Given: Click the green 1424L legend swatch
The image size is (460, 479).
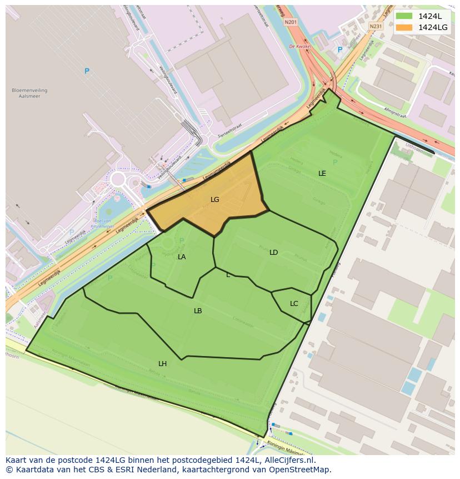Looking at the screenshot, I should click(x=404, y=16).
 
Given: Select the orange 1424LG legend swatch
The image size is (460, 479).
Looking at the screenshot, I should click(x=404, y=27).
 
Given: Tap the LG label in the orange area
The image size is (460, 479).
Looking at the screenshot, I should click(x=215, y=199).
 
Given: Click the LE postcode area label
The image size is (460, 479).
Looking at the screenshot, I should click(x=322, y=174).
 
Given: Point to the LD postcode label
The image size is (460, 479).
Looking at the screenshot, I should click(x=273, y=253).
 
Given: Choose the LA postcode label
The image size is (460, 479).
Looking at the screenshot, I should click(x=182, y=257).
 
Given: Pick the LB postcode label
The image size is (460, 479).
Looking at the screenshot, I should click(x=198, y=311).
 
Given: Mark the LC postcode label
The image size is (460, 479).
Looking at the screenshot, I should click(x=294, y=304).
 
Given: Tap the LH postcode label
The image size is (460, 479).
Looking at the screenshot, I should click(x=162, y=364).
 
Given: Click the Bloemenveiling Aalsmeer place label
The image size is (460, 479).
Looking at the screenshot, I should click(x=29, y=93).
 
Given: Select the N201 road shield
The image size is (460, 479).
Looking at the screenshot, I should click(x=289, y=22).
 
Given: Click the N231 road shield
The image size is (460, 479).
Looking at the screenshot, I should click(x=376, y=26).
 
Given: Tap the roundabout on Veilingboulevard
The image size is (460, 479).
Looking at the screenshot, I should click(x=118, y=180).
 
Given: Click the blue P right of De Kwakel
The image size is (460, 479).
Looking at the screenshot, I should click(x=340, y=50).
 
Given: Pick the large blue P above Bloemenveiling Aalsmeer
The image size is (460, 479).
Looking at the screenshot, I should click(x=87, y=71).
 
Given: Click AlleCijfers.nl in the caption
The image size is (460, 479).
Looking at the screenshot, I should click(x=288, y=460).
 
